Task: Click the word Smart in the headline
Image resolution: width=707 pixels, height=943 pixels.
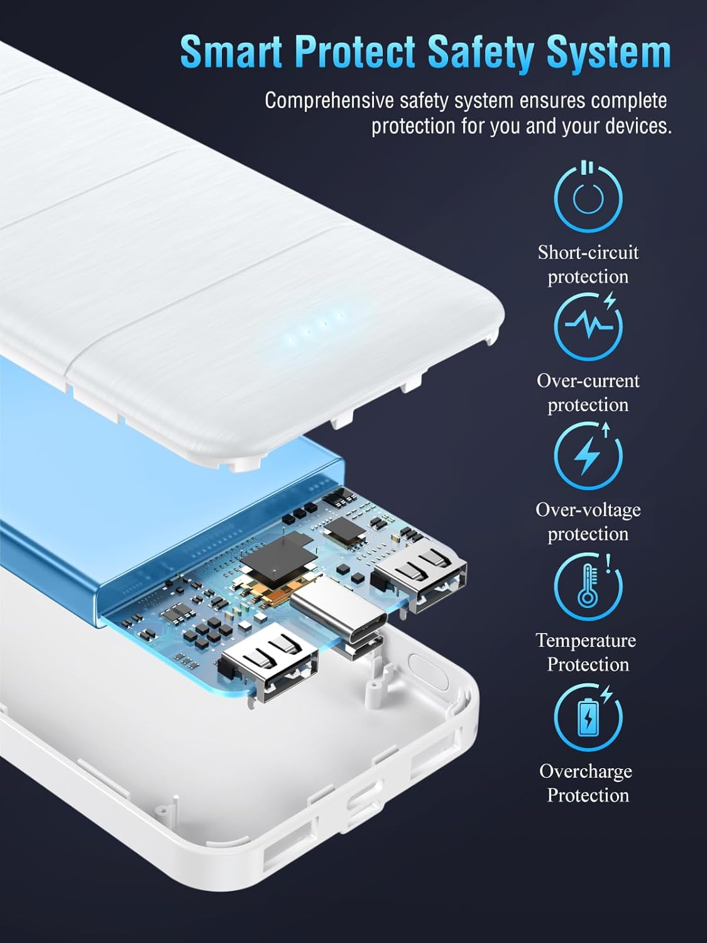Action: [x=231, y=53]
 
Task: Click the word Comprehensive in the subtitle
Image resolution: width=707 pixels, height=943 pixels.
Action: [x=329, y=101]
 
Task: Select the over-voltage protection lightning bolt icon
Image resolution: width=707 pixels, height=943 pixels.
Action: [x=588, y=456]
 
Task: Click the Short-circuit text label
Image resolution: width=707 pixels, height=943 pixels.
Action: [x=588, y=252]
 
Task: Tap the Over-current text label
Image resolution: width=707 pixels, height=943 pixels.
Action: [x=588, y=380]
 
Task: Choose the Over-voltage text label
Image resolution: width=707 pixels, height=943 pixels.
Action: [x=588, y=510]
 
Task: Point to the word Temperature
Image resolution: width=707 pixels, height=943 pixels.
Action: [x=586, y=641]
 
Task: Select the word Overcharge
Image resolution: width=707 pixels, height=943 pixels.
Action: [x=586, y=771]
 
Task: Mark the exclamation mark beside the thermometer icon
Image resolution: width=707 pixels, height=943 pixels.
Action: [x=607, y=563]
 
